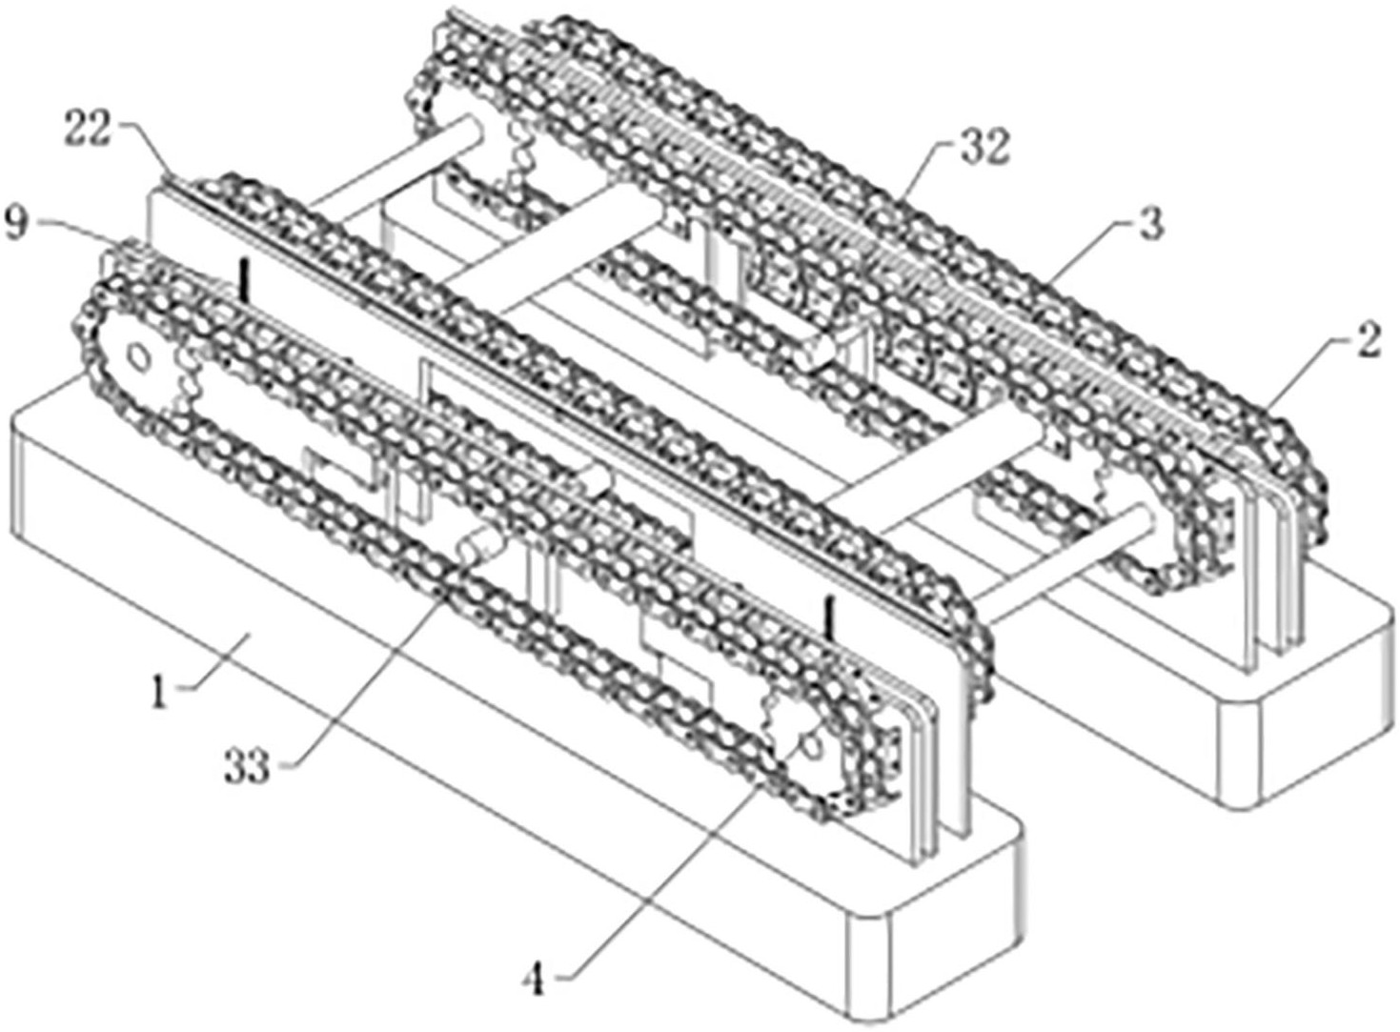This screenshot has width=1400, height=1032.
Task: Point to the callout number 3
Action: click(x=1150, y=226)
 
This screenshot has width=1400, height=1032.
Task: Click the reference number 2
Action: click(x=1368, y=340)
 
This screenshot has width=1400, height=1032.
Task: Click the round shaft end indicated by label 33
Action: click(x=471, y=549)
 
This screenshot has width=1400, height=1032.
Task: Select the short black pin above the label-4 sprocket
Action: click(x=832, y=617)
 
